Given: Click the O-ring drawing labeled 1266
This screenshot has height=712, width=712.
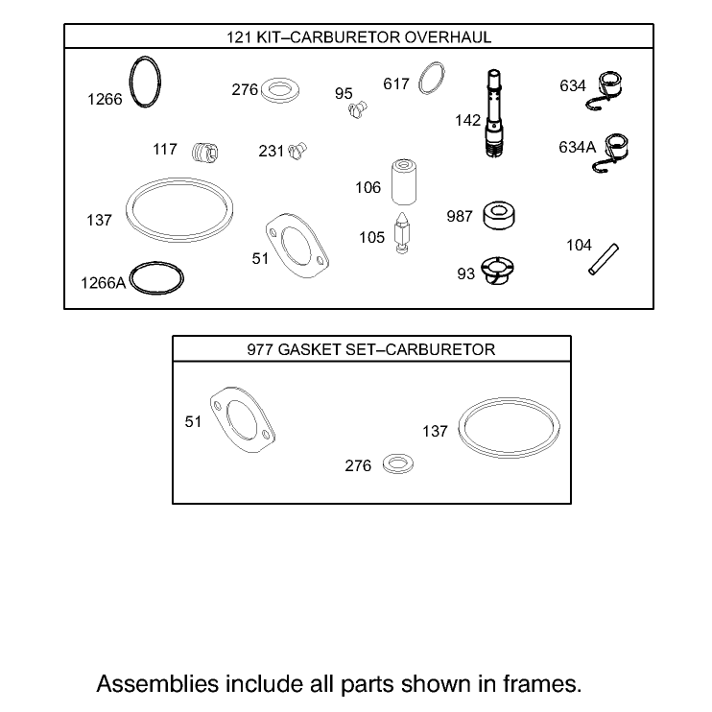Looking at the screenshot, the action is tap(130, 83).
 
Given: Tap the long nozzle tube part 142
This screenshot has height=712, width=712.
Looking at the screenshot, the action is tap(493, 113).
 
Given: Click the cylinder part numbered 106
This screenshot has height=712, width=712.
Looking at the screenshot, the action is tap(404, 181).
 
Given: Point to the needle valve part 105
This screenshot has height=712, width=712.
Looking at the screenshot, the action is tap(402, 232).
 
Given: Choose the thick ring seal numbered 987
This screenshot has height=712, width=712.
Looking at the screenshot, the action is tap(499, 216).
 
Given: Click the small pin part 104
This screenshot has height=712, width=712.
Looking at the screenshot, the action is tap(604, 259).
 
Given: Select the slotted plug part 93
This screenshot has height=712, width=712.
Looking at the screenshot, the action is tap(497, 271).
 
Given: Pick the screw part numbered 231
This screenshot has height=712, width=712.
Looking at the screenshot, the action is tap(297, 151).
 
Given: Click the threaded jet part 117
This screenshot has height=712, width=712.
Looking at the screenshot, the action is tap(204, 153).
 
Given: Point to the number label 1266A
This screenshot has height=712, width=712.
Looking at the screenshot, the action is tap(103, 283).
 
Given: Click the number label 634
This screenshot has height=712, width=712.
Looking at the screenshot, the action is tap(573, 85).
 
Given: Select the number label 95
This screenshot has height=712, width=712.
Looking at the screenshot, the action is tap(344, 93).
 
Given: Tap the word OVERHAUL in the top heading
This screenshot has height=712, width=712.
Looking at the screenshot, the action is tap(448, 36).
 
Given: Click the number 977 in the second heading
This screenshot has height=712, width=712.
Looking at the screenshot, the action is tap(260, 349).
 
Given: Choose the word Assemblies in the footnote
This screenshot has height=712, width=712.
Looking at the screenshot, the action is tap(157, 684).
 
